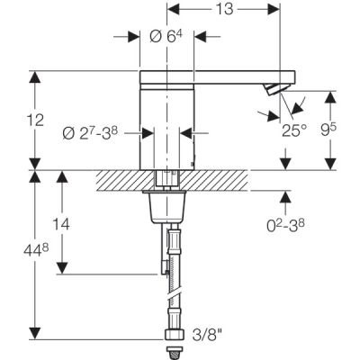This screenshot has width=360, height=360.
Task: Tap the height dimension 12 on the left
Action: click(13, 120)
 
